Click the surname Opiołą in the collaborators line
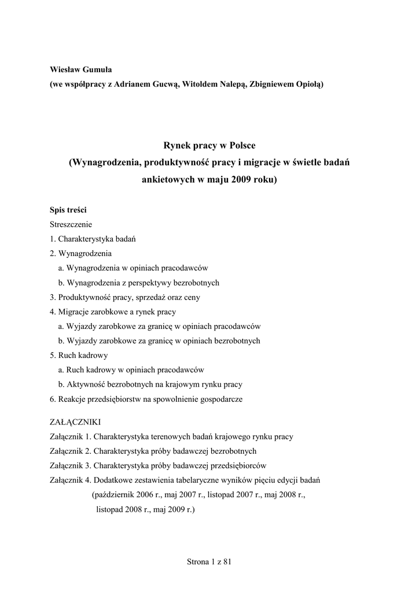tap(308, 84)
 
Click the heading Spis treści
tap(68, 210)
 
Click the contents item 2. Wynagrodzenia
tap(81, 253)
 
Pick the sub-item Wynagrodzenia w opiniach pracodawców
tap(133, 268)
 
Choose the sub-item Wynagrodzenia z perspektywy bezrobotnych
tap(138, 283)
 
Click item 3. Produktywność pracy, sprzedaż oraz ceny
tap(125, 297)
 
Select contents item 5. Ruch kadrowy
tap(79, 355)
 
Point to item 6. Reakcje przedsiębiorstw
tap(146, 399)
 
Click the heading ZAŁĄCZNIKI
tap(75, 422)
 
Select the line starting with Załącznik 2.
tap(153, 451)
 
